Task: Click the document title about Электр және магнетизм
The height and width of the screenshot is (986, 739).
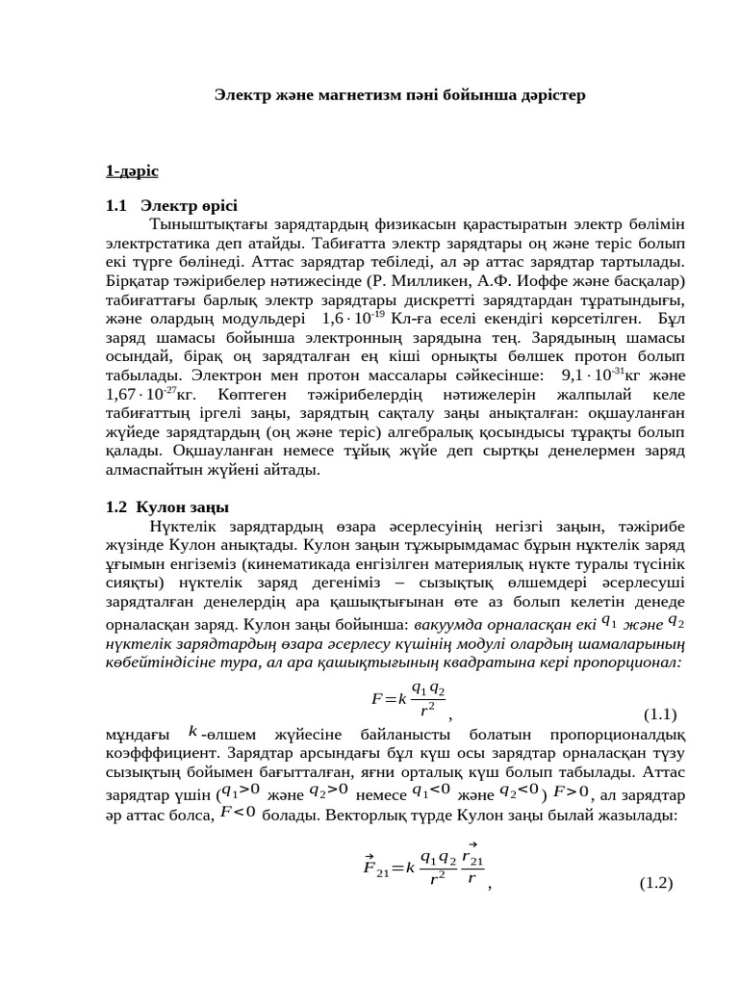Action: tap(398, 95)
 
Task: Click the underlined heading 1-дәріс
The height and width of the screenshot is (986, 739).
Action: tap(132, 170)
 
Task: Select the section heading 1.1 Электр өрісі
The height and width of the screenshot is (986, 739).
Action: tap(171, 206)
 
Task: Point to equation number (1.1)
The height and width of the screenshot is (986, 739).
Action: tap(659, 714)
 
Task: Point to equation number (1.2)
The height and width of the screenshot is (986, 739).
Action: tap(655, 883)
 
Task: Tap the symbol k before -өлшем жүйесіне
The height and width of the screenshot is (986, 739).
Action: tap(193, 733)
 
